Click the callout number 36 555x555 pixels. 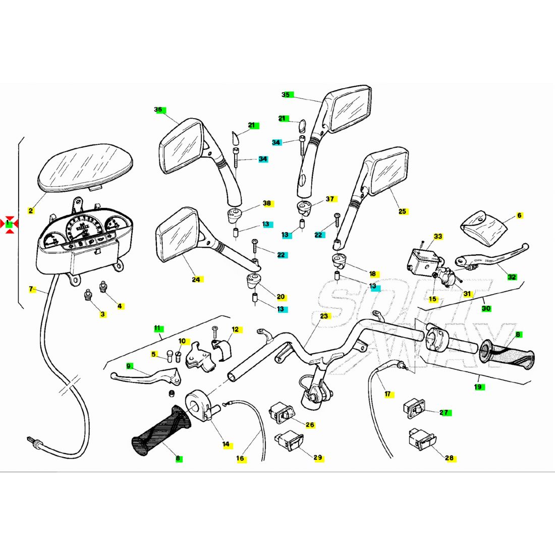tap(158, 109)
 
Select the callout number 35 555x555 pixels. tap(286, 94)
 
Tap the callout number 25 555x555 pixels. tap(402, 211)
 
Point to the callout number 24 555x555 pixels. tap(196, 280)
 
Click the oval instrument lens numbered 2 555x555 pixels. tap(86, 168)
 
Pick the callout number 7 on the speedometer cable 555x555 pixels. tap(31, 289)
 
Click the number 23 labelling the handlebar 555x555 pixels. tap(324, 316)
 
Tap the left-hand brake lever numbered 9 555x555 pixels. tap(146, 376)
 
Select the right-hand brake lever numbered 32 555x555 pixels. tap(492, 257)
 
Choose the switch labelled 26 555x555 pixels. tap(282, 412)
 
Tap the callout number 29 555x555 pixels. tap(318, 457)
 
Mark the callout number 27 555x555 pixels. tap(444, 412)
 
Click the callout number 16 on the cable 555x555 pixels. tap(240, 458)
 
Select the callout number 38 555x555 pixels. tap(267, 203)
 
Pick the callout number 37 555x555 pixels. tap(330, 199)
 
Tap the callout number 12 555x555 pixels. tap(236, 329)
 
